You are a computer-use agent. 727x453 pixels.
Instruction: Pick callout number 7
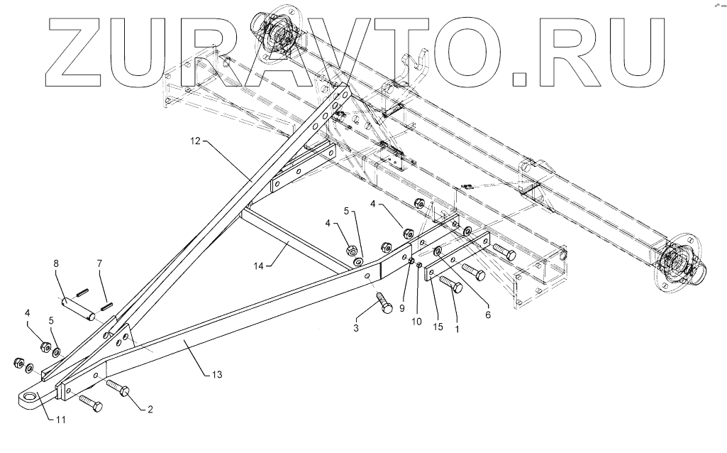99,265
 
